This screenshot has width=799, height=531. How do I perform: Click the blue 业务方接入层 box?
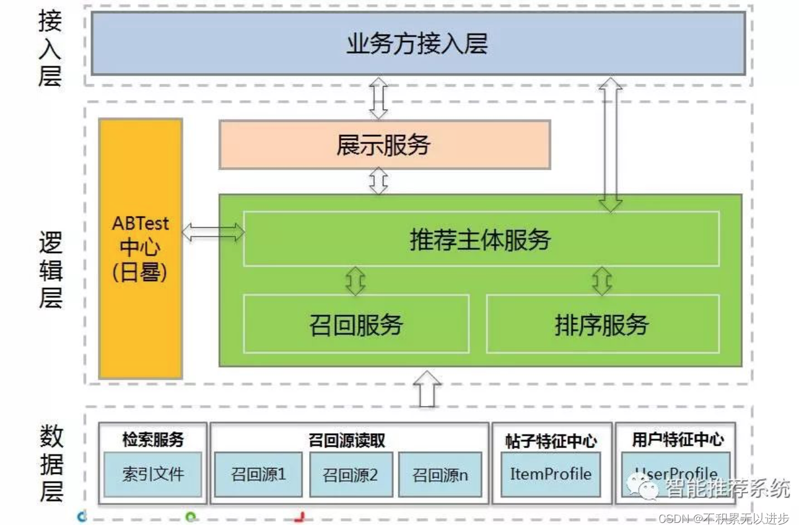[x=417, y=43]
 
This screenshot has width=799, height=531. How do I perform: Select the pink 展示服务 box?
[x=384, y=145]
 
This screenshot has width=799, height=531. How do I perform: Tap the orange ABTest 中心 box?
[x=141, y=248]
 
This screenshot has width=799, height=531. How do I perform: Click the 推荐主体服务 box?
[x=481, y=239]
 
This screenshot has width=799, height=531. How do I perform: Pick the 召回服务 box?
[x=356, y=324]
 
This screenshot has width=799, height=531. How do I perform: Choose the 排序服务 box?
[x=602, y=324]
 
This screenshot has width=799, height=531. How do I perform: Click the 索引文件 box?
[x=153, y=474]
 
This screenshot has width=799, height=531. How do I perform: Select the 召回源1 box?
[x=258, y=474]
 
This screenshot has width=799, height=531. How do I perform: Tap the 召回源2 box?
[x=351, y=475]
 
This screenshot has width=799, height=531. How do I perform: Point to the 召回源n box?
[x=440, y=475]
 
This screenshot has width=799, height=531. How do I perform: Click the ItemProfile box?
[x=551, y=474]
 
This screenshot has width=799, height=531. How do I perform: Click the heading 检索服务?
[x=153, y=440]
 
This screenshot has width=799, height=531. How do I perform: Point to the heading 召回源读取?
[x=347, y=440]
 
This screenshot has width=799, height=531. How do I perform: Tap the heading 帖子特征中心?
[x=551, y=441]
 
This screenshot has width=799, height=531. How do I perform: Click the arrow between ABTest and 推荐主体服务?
[x=213, y=233]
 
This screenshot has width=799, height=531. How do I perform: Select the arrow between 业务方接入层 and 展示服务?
[x=378, y=98]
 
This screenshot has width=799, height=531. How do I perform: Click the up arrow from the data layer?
[x=427, y=389]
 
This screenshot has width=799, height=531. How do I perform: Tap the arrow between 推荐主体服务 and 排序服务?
[x=601, y=281]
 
